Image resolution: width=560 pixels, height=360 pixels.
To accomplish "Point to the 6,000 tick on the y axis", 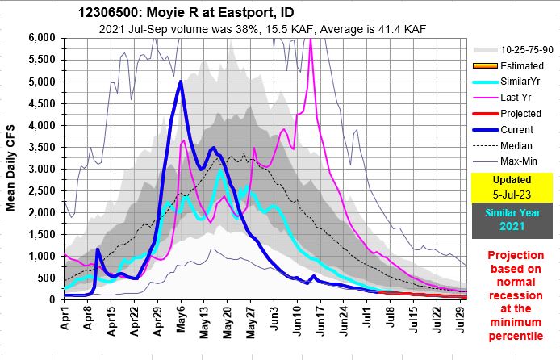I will (40, 38).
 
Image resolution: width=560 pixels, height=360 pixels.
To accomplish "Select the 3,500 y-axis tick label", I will (40, 147).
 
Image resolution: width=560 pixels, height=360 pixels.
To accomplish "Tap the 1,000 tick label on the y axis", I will (40, 256).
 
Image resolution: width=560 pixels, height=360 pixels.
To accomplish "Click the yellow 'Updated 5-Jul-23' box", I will (514, 186).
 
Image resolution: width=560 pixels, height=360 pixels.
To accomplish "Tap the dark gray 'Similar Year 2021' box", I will (514, 220).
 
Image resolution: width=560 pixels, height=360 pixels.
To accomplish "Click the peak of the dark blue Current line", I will (181, 82).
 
